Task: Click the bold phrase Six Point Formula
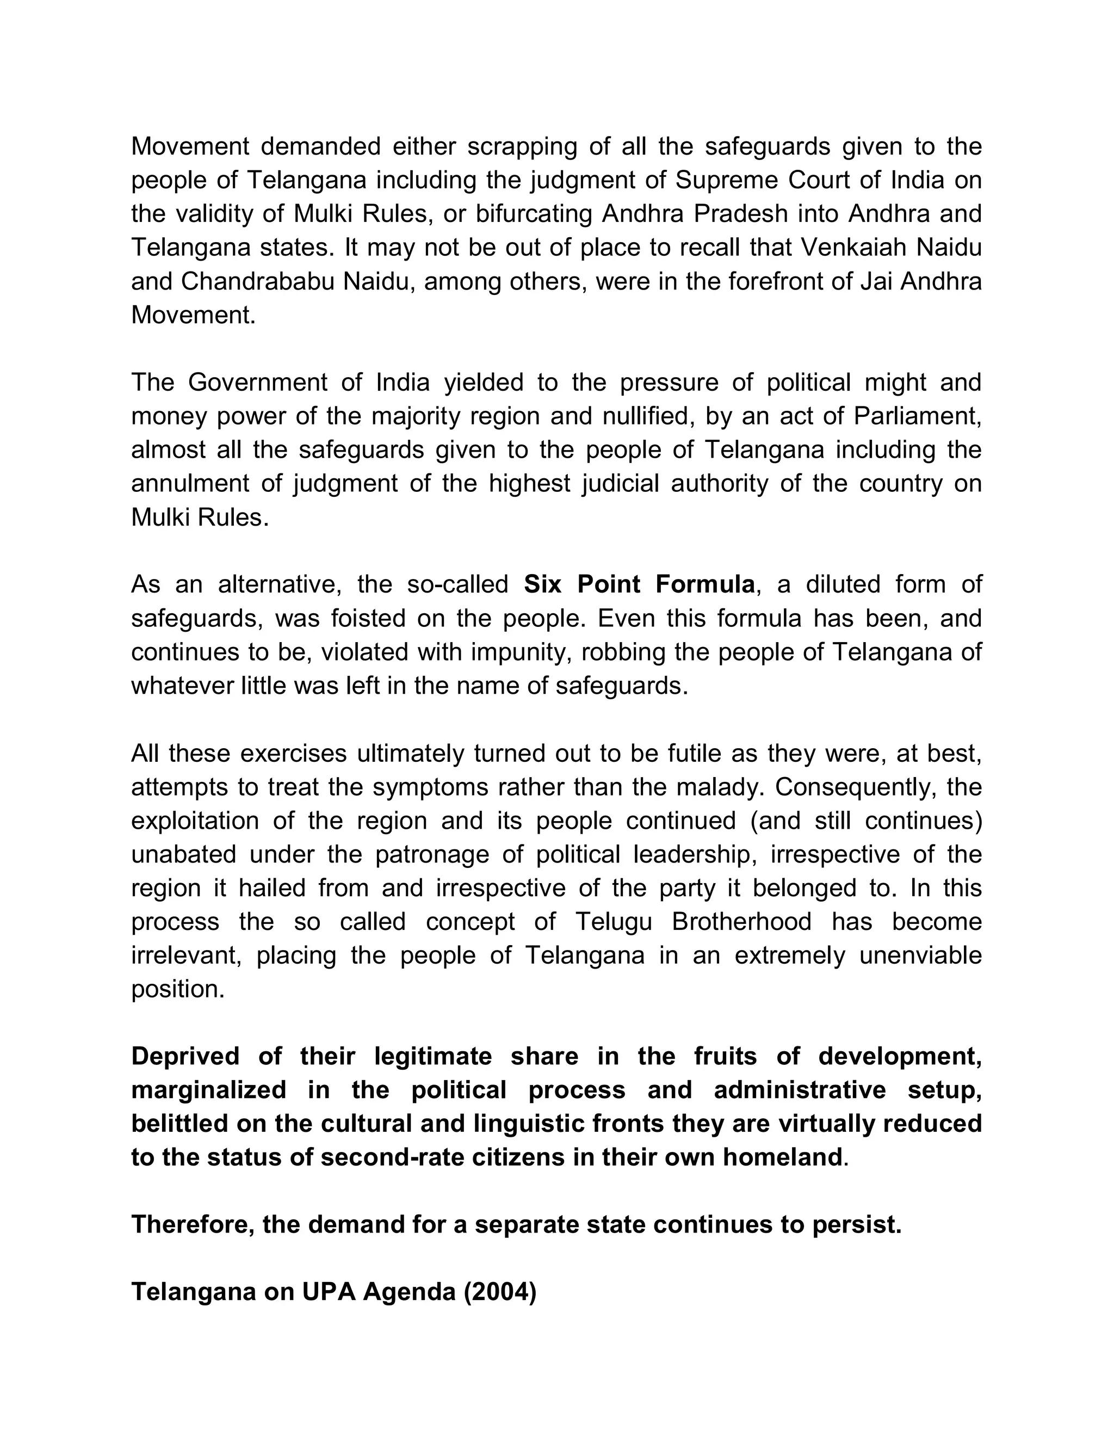[x=639, y=584]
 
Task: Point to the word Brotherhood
[x=741, y=922]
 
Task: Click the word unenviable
[x=920, y=956]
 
